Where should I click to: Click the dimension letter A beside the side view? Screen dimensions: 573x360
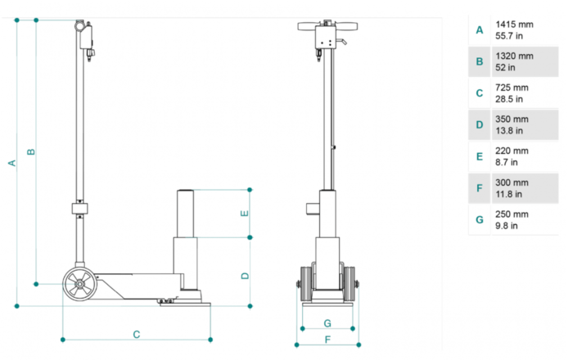[12, 163]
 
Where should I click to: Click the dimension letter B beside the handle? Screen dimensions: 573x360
[31, 151]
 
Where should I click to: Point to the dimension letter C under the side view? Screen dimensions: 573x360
[137, 335]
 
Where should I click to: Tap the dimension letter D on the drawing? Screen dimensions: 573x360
[245, 276]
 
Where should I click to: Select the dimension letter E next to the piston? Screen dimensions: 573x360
[245, 214]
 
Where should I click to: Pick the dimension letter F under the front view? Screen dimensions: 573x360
[327, 340]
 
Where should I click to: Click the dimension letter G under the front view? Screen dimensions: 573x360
[327, 323]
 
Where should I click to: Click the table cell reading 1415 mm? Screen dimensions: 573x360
[514, 25]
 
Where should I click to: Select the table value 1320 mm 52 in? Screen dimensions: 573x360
[514, 61]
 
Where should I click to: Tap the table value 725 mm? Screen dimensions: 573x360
[512, 88]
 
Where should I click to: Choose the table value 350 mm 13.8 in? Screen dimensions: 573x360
[512, 125]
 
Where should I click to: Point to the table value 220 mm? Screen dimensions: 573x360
[512, 151]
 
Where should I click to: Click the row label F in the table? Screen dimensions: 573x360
[480, 188]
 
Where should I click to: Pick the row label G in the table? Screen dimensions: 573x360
[480, 220]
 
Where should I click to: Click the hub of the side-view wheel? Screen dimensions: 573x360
[79, 284]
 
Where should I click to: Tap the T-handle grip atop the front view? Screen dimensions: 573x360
[327, 26]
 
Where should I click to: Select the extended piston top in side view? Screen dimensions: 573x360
[185, 191]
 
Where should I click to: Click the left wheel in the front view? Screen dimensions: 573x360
[305, 284]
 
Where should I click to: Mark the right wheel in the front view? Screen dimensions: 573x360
[350, 284]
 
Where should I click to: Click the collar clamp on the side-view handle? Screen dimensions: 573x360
[79, 209]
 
